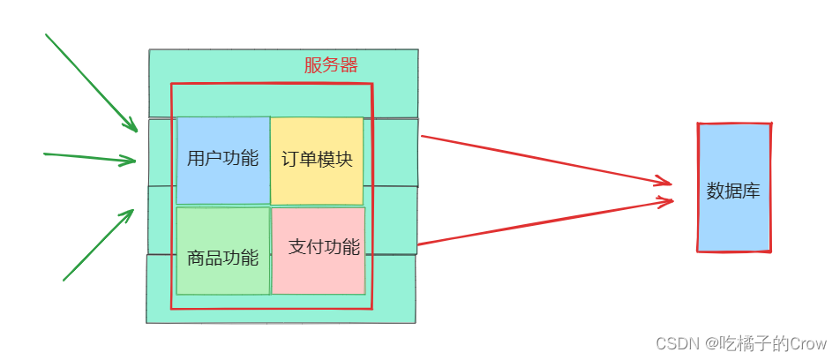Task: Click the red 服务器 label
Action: tap(331, 65)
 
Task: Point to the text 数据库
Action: tap(733, 191)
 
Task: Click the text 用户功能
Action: tap(223, 159)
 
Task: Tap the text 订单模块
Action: tap(317, 160)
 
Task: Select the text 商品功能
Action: tap(223, 259)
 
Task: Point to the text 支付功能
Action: tap(325, 247)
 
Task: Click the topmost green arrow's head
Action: tap(136, 130)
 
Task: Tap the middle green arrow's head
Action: tap(134, 161)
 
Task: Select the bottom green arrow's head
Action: tap(132, 211)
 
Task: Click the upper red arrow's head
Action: tap(671, 184)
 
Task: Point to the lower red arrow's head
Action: tap(672, 201)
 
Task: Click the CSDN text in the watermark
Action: tap(660, 342)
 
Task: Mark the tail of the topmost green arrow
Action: tap(46, 35)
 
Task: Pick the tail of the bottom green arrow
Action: tap(64, 280)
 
